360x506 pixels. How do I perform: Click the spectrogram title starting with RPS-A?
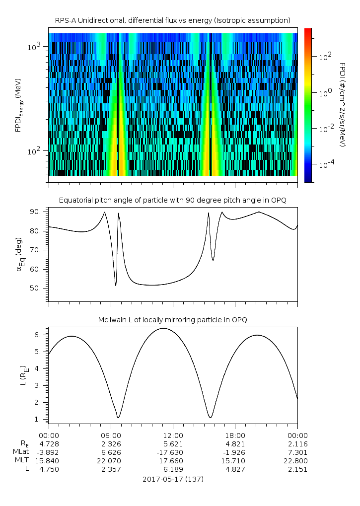pos(173,20)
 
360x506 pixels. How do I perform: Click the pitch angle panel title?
pos(173,200)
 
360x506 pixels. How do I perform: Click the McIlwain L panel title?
pos(173,319)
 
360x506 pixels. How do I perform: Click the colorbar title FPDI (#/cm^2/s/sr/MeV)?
pos(342,105)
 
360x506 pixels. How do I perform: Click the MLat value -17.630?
pos(173,452)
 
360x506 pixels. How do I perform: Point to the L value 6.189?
pos(173,469)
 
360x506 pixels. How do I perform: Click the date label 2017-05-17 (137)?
pos(173,479)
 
